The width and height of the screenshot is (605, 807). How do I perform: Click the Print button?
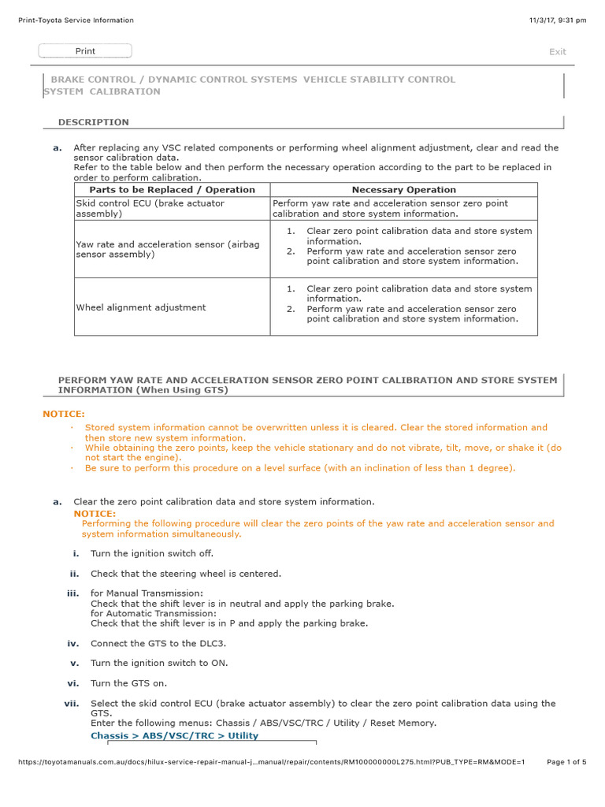(85, 51)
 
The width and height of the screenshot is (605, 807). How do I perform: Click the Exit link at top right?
(557, 52)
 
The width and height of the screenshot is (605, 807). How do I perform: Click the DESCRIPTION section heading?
(93, 122)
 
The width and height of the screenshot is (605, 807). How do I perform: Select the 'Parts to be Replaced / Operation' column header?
(172, 190)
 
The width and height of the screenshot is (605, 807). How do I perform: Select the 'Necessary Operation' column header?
(403, 190)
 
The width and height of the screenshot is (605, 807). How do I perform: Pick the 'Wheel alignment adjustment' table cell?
(141, 307)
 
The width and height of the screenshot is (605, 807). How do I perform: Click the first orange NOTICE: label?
(64, 414)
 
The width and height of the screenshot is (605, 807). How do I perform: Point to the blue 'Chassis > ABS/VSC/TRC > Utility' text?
(174, 736)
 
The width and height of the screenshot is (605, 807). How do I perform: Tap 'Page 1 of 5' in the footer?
(566, 762)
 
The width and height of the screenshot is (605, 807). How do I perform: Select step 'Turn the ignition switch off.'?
(152, 553)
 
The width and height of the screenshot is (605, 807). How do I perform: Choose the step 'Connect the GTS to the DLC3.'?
(158, 643)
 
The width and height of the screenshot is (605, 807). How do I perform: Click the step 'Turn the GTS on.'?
(128, 683)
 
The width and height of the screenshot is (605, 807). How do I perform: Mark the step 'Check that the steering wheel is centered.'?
(185, 574)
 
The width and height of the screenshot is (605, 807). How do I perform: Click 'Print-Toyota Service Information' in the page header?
(76, 20)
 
